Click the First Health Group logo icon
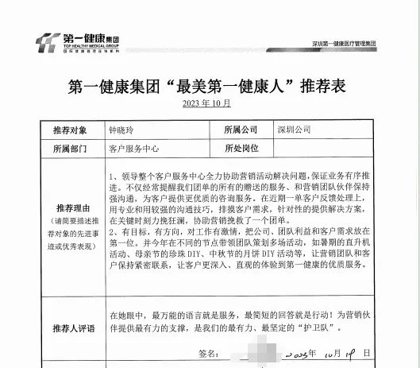(49, 41)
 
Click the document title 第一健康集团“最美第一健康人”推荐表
(209, 87)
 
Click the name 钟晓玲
(123, 129)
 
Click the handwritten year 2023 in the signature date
(305, 351)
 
